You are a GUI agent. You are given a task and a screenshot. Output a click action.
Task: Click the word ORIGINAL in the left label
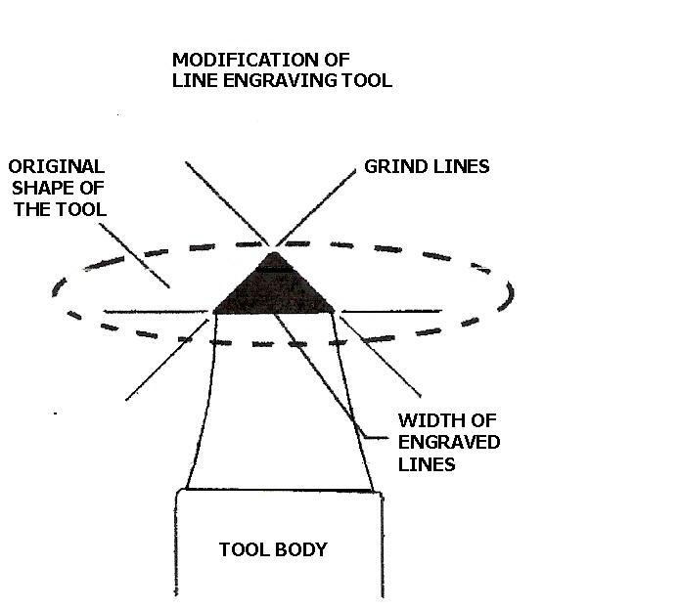coord(55,166)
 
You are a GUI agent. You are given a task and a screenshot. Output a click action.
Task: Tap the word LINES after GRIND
coord(460,166)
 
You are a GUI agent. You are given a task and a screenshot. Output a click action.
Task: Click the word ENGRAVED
coord(449,443)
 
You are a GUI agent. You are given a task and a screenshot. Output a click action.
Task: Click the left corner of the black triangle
coord(214,312)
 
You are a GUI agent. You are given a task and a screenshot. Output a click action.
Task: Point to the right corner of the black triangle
coord(334,312)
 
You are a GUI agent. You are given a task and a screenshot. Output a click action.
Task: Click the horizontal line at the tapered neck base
coord(279,490)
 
